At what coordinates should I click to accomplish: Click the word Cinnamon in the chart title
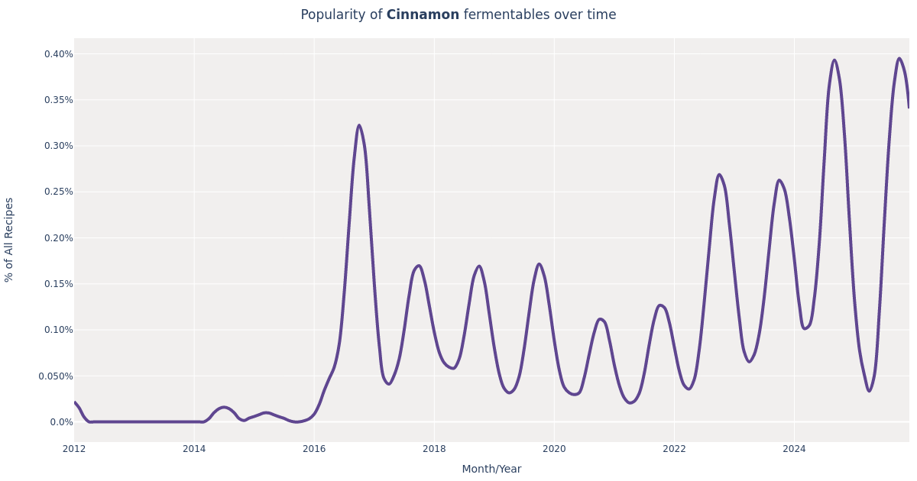(423, 15)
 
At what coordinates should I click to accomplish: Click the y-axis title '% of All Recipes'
(9, 240)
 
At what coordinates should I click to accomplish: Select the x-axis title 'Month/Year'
(491, 469)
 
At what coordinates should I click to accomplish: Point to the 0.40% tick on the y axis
(59, 54)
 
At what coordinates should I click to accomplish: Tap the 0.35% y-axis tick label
(59, 100)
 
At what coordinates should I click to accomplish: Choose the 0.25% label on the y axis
(59, 192)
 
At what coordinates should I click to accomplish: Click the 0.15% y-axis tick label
(59, 284)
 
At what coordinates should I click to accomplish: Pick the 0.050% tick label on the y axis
(56, 376)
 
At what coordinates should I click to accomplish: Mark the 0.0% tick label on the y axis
(62, 422)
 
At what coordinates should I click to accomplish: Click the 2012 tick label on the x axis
(74, 449)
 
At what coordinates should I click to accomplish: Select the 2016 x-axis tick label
(314, 449)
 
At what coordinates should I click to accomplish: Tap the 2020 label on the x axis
(554, 449)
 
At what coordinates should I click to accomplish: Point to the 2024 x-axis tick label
(794, 449)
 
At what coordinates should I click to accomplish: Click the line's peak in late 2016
(359, 125)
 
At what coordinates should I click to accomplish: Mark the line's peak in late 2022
(719, 174)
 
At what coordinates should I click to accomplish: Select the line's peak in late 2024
(834, 60)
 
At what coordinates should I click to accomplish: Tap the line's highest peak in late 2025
(899, 58)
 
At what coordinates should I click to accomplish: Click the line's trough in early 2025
(869, 392)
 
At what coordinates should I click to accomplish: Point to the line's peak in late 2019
(539, 264)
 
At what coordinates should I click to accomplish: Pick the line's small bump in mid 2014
(223, 407)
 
